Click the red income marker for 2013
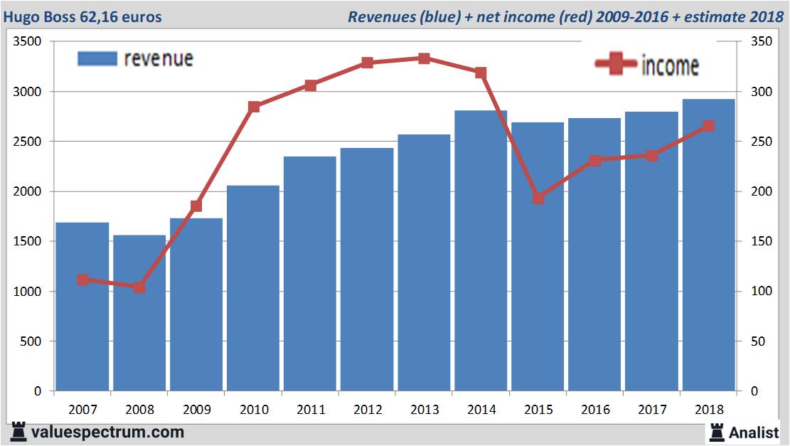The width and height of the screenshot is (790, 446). pos(424,58)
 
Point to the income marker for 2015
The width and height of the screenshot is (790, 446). pos(538,198)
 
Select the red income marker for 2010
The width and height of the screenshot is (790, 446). pos(254,107)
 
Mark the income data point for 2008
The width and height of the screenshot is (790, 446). pos(139,287)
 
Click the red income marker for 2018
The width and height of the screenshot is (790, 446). pos(708,126)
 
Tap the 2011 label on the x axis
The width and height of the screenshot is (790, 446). pos(311,410)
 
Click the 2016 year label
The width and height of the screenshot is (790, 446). pos(595,410)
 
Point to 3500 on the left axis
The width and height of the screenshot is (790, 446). pos(28,42)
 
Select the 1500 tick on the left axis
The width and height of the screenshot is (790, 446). pos(28,242)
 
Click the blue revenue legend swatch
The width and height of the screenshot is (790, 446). pos(97,58)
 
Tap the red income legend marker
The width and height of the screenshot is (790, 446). pos(616,65)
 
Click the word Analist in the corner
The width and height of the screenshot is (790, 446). pos(754,432)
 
